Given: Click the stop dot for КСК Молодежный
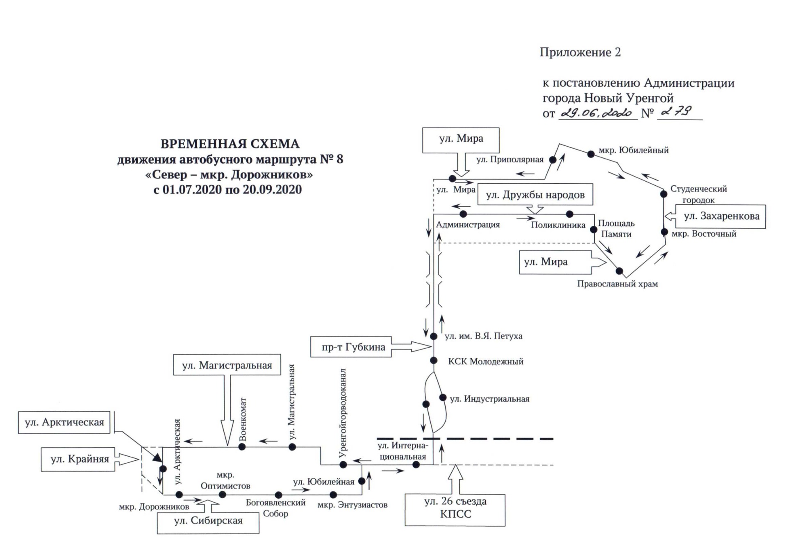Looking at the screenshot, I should point(434,361).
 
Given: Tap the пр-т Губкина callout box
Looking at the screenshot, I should point(351,347).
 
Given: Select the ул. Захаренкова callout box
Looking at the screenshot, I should point(721,216).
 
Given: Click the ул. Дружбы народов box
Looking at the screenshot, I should point(535,195).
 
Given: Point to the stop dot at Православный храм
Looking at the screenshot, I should point(619,271).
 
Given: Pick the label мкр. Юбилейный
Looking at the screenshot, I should point(633,150).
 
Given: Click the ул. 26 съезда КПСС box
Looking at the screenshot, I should point(455,508).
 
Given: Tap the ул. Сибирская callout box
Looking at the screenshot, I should point(208,521).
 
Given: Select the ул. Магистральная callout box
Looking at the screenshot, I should point(227,365).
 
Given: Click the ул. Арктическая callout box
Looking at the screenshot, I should point(64,423).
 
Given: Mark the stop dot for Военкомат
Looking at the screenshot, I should point(242,447).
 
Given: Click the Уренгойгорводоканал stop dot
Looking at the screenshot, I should point(343,464).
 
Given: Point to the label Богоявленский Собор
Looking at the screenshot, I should point(275,508).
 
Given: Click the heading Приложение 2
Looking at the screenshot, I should point(580,52).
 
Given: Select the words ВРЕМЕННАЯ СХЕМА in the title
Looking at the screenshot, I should point(230,144).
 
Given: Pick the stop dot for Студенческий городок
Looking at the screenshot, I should point(664,194).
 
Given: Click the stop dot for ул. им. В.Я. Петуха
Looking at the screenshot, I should point(434,337).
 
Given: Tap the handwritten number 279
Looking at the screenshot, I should point(676,112).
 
